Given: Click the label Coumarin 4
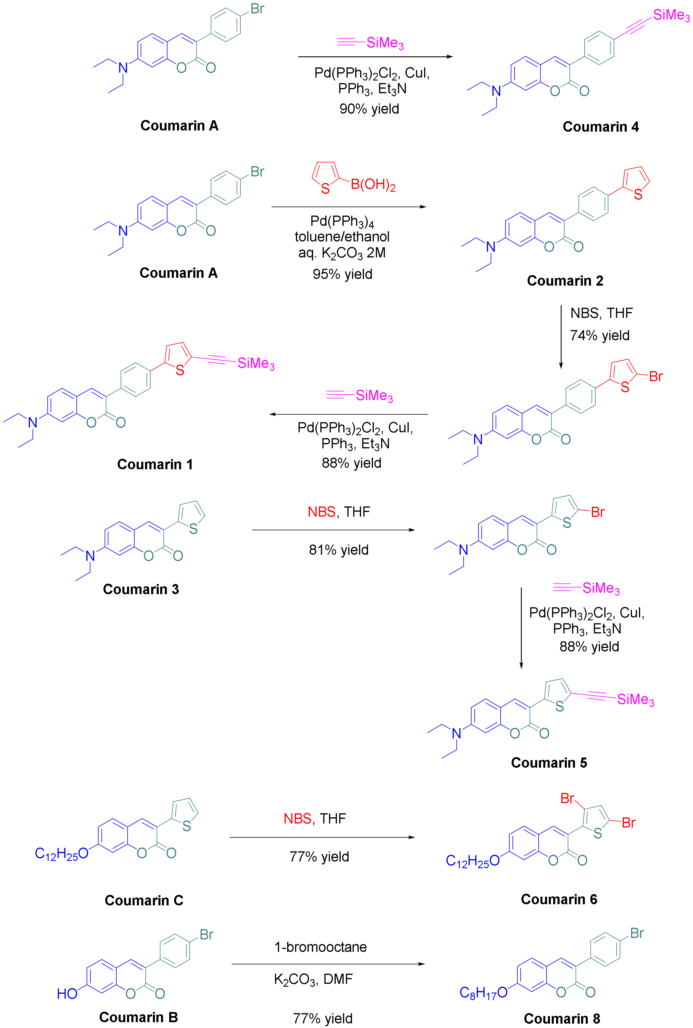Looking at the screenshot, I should [x=600, y=127].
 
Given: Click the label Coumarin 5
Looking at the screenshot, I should [x=549, y=762].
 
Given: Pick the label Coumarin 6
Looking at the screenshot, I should [x=559, y=899].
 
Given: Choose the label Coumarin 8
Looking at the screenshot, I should [x=562, y=1018].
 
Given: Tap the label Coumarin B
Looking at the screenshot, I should [x=138, y=1017].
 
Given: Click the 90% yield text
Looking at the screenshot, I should [x=369, y=109].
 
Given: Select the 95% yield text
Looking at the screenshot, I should [x=342, y=274].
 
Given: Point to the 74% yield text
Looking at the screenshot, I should [x=599, y=335].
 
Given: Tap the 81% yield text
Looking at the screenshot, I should [x=339, y=549].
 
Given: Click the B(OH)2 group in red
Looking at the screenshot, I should [x=373, y=185].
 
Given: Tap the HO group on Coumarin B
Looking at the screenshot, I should [x=67, y=993].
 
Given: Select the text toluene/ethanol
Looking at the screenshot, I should [x=342, y=237].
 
